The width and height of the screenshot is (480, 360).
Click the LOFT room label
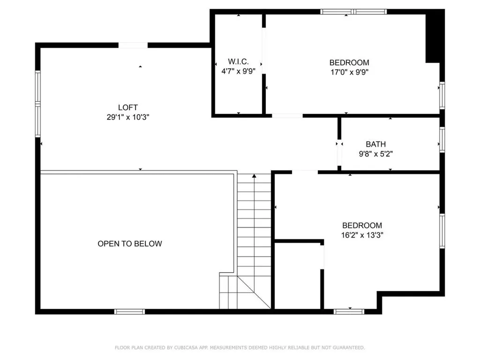coord(128,107)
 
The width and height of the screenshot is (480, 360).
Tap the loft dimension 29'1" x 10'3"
coord(128,117)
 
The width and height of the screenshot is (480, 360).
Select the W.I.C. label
coord(238,61)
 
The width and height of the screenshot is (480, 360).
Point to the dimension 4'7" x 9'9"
coord(238,71)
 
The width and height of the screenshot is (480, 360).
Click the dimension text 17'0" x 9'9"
coord(349,72)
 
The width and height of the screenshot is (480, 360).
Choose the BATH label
coord(375,144)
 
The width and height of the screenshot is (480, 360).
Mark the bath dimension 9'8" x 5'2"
coord(375,154)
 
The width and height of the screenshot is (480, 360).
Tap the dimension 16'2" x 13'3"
coord(362,235)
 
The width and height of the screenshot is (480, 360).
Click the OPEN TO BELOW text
coord(130,244)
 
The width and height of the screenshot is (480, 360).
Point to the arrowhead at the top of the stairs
coord(254,176)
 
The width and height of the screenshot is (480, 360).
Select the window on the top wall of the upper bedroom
coord(353,12)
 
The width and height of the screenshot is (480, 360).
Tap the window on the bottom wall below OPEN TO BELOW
coord(129,312)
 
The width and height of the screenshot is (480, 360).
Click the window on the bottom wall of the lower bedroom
coord(349,312)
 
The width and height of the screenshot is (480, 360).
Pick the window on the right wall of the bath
coord(442,140)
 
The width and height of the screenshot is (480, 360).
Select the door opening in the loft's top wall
coord(133,45)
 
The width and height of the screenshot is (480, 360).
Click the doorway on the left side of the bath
coord(339,153)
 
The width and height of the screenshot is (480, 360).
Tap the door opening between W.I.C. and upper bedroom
coord(263,51)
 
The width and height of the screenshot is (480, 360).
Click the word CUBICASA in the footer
coord(186,347)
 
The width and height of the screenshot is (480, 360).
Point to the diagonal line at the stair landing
coord(254,292)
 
